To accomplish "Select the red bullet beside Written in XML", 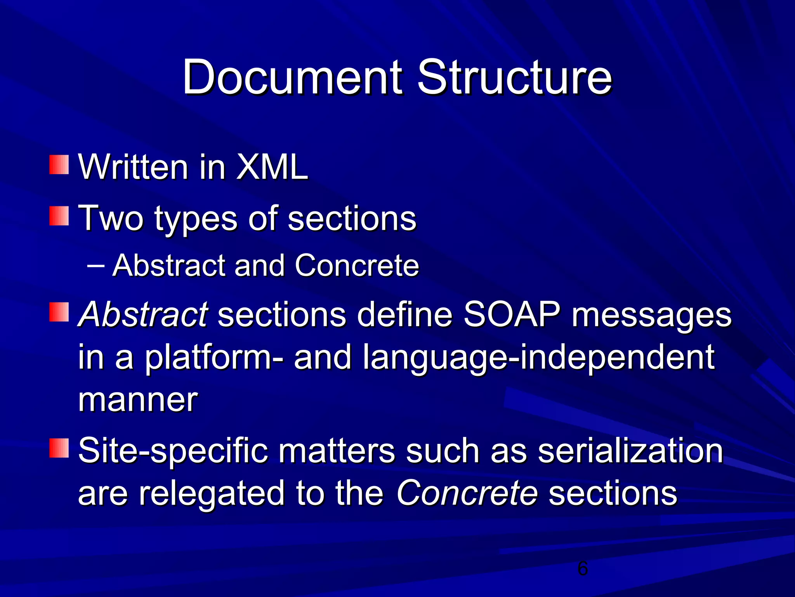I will click(x=59, y=165).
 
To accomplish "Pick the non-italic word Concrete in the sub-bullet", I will click(x=357, y=266).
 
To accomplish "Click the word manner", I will click(x=138, y=400).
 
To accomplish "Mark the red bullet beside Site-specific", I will click(x=59, y=448).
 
